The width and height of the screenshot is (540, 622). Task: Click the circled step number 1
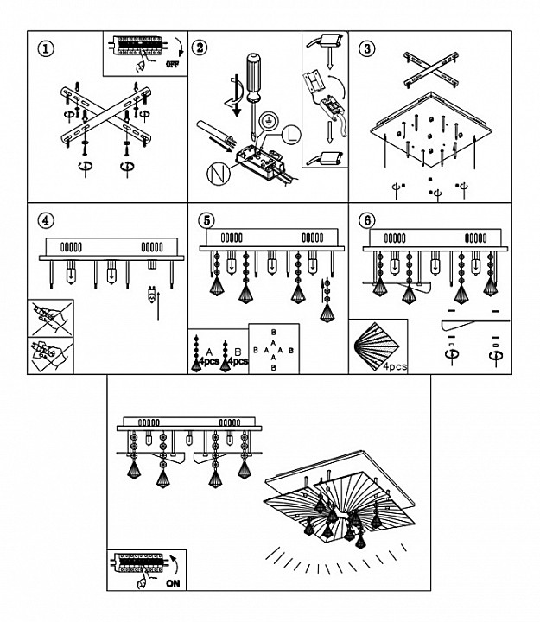pos(46,48)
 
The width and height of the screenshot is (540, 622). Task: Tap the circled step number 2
pos(200,48)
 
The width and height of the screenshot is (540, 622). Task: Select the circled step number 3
pos(367,48)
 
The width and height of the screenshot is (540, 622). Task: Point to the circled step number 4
pos(46,220)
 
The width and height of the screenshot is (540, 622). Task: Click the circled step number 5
pos(206,220)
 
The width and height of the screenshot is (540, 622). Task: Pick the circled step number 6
pos(367,220)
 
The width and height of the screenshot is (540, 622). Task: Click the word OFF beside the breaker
pos(172,64)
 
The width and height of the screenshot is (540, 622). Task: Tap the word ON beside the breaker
pos(173,583)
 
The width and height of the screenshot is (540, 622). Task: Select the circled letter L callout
pos(292,135)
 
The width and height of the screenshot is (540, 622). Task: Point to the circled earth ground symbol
pos(270,120)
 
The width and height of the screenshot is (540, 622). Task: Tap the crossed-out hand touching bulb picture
pos(50,319)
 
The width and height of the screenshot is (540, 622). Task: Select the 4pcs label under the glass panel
pos(395,366)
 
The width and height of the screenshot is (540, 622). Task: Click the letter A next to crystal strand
pos(209,352)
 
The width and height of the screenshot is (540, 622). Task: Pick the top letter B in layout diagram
pos(273,332)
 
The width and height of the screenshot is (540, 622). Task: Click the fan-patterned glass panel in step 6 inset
pos(376,346)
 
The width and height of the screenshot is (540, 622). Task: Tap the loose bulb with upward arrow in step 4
pos(151,295)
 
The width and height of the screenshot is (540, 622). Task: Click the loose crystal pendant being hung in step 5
pos(327,301)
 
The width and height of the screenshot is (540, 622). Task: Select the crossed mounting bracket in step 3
pos(431,69)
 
